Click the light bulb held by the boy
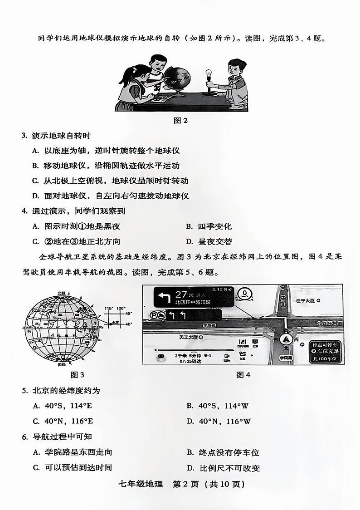click(x=209, y=74)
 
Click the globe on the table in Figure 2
click(x=176, y=80)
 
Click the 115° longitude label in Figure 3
click(x=109, y=308)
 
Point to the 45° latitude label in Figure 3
click(x=129, y=313)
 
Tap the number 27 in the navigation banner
click(x=181, y=294)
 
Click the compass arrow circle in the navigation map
click(x=286, y=339)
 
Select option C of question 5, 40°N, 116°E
click(x=63, y=421)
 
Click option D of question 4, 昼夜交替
click(x=210, y=241)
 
